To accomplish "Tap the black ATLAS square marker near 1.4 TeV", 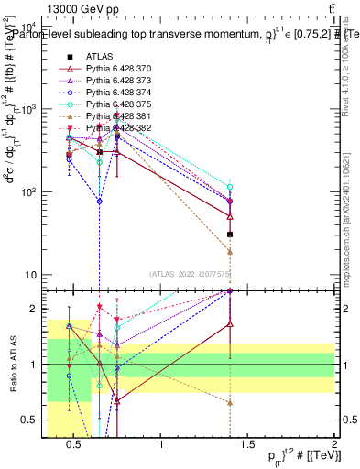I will (x=230, y=234).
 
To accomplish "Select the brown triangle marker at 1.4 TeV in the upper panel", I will (x=230, y=251).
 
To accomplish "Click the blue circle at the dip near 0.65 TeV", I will (x=99, y=201).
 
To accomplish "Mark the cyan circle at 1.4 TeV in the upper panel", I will (x=230, y=187).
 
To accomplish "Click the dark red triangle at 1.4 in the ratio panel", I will (x=230, y=323).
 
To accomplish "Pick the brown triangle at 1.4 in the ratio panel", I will (x=230, y=402).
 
